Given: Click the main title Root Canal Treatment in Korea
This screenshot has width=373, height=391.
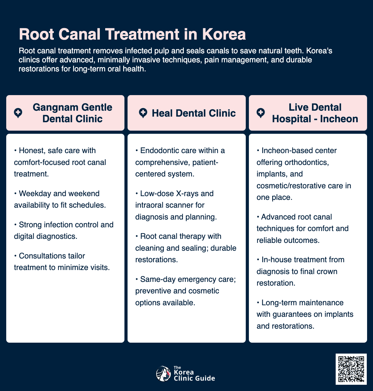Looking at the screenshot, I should coord(132,34).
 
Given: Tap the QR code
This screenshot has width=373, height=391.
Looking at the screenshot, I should coord(351,369).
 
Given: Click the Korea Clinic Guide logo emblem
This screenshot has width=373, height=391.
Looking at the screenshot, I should coord(163,374).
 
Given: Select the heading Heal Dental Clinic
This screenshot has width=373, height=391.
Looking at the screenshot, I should coord(193,113).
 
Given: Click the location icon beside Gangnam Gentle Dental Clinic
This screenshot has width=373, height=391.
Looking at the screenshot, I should coord(18,113).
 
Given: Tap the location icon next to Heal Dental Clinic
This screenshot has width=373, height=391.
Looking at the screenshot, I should coord(143,113).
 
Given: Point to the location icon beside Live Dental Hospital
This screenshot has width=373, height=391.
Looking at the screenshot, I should coord(261,113).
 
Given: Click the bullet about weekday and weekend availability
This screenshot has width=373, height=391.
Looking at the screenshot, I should coord(60,199).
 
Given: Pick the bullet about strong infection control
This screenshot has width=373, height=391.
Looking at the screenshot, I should coord(64,230).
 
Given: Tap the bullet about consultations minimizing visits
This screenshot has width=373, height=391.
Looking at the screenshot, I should coord(62,262).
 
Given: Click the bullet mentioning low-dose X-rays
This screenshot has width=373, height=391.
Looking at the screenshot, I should coord(176,205).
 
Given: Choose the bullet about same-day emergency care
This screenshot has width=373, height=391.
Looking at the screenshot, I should coord(185,291).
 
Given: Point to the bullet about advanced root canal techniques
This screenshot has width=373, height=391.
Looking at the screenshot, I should coord(302,229).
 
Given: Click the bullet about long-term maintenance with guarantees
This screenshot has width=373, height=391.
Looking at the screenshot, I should coord(305,314).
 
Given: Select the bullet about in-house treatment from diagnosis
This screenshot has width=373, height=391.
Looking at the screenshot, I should coord(300,271).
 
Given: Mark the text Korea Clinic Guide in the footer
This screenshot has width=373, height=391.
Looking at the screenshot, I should coord(194,375).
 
